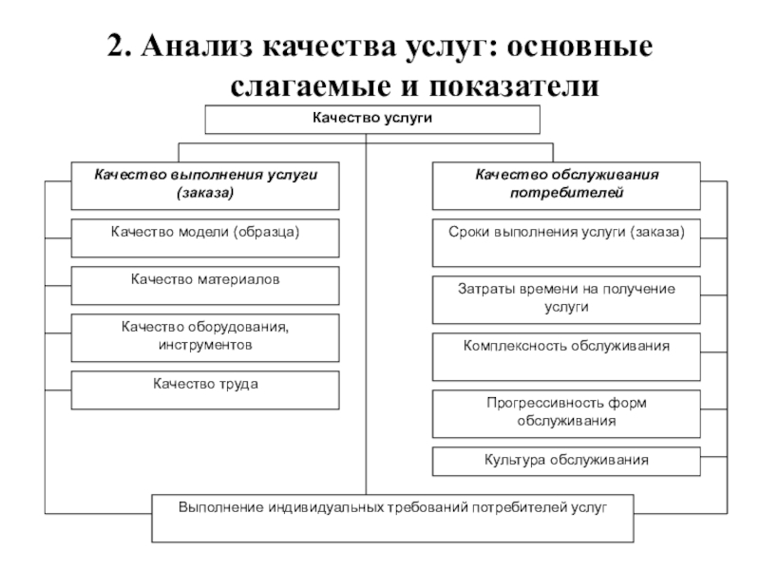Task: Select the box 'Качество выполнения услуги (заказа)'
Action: tap(205, 183)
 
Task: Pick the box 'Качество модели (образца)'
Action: tap(205, 238)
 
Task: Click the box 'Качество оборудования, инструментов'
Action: tap(205, 336)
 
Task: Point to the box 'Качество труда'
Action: tap(205, 388)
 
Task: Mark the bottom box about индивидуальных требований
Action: tap(391, 516)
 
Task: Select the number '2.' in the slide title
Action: tap(120, 47)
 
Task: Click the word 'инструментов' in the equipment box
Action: tap(205, 345)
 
